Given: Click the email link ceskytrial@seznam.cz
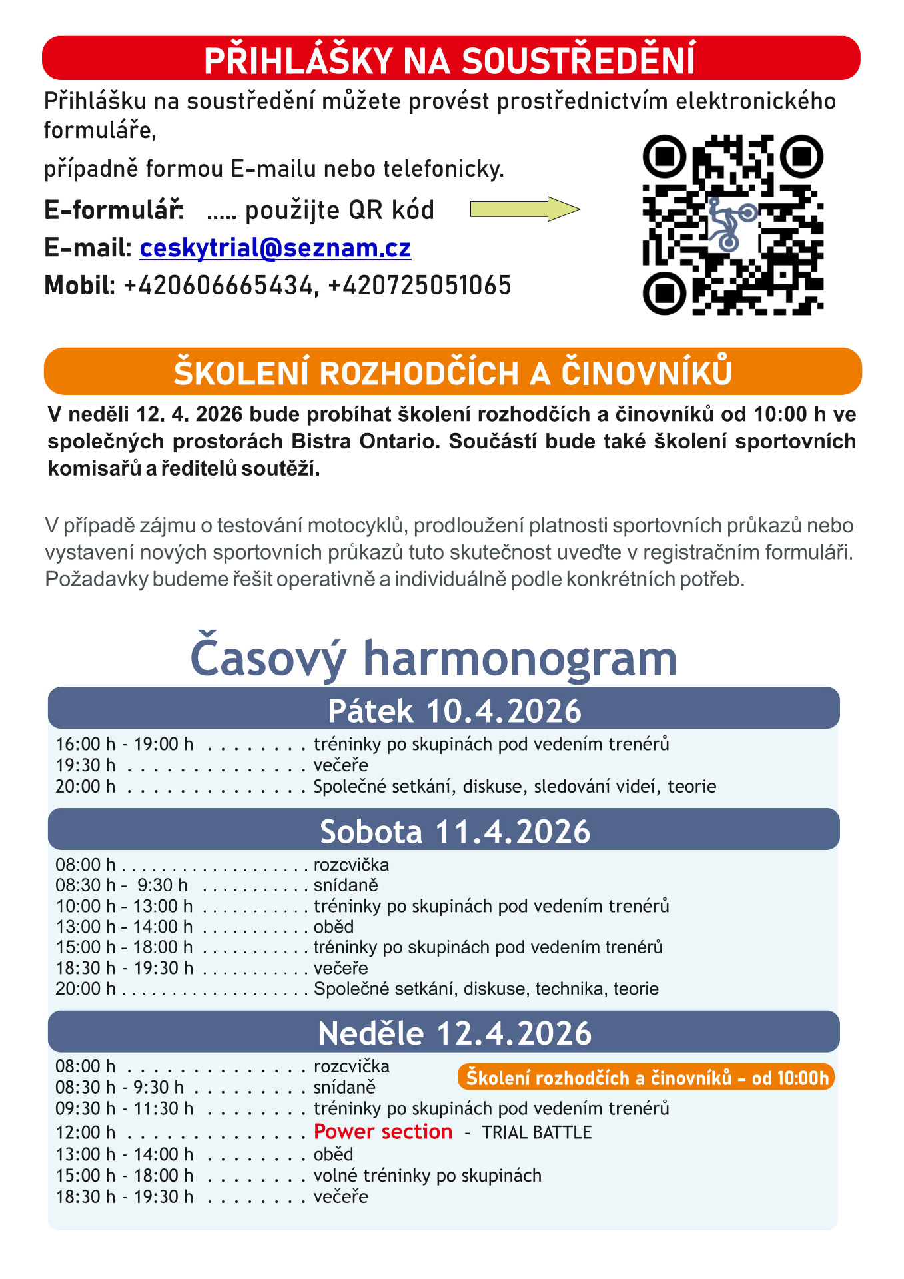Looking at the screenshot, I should click(274, 248).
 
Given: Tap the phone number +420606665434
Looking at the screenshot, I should click(218, 286).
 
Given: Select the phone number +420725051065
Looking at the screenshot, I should click(420, 286).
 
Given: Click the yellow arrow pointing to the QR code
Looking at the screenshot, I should click(525, 209).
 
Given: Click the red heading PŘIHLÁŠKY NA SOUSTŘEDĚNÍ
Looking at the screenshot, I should click(450, 59).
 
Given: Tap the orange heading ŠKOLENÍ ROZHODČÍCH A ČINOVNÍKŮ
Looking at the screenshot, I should click(453, 372).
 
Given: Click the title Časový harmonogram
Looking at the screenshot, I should click(434, 658).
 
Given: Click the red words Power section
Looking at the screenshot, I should click(383, 1132).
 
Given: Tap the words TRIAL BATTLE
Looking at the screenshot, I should click(536, 1132).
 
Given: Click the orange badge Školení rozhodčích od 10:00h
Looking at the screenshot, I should click(646, 1077).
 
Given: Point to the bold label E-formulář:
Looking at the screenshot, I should click(114, 211).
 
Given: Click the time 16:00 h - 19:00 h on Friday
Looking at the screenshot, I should click(125, 744).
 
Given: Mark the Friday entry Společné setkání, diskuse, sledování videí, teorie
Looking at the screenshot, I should click(515, 787).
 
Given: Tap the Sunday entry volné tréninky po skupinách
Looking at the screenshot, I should click(428, 1176).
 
